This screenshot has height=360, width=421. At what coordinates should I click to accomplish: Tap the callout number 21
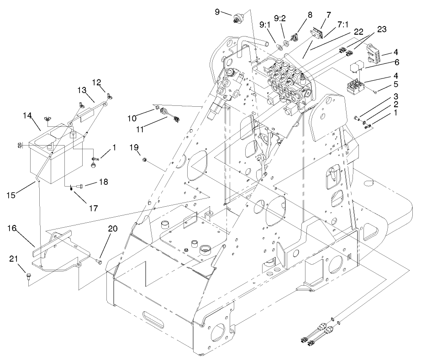click(14, 259)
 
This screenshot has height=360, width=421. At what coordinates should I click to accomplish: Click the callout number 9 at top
click(217, 10)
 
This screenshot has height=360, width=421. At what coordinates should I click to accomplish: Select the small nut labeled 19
click(144, 160)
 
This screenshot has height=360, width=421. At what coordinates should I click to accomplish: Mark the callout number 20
click(113, 229)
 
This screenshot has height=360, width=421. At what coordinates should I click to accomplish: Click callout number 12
click(96, 82)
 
